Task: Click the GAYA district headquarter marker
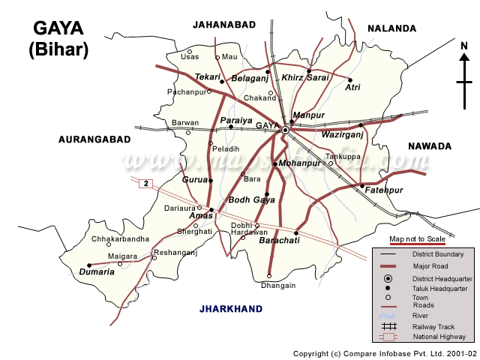click(285, 130)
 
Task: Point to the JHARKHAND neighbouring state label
click(231, 308)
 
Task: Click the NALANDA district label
click(391, 28)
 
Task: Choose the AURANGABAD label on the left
click(94, 139)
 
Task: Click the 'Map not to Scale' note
click(418, 238)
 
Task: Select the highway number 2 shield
click(145, 184)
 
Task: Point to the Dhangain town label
click(278, 286)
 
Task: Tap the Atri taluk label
click(352, 88)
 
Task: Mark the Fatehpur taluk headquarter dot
click(361, 185)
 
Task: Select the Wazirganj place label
click(341, 135)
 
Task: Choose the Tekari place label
click(208, 77)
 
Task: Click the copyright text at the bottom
click(385, 353)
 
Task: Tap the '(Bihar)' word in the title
click(58, 50)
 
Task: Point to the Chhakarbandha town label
click(120, 239)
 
